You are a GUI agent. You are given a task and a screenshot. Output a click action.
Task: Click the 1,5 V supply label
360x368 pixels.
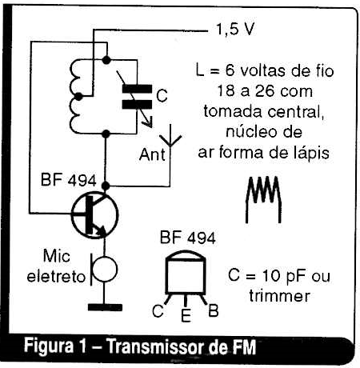click(235, 30)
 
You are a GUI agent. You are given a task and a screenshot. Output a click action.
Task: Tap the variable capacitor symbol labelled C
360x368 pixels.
click(137, 97)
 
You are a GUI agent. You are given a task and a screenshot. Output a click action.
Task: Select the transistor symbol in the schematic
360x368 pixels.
click(94, 214)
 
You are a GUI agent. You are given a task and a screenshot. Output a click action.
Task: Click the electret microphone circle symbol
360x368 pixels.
click(105, 270)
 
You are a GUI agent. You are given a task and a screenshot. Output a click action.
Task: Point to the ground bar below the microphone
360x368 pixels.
click(105, 307)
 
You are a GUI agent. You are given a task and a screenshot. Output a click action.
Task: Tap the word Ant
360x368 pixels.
click(152, 154)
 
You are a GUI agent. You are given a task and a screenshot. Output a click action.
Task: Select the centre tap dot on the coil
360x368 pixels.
click(78, 97)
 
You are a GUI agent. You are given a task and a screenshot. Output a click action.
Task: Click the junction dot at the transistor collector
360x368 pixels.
click(106, 186)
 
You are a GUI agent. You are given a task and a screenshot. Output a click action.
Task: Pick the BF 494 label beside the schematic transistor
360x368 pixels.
click(68, 180)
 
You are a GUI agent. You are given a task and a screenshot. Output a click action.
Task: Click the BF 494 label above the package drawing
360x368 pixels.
click(188, 238)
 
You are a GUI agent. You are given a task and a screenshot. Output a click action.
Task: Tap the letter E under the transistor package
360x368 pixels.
click(186, 315)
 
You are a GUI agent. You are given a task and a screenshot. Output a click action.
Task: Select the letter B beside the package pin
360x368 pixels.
click(214, 310)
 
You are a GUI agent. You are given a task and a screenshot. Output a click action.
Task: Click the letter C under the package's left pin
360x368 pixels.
click(158, 310)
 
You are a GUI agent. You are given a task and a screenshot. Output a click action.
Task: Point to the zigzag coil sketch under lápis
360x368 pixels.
click(263, 199)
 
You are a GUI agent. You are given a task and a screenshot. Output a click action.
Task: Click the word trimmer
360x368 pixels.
click(279, 296)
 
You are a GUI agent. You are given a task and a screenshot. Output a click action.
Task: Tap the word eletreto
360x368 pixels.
click(56, 277)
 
